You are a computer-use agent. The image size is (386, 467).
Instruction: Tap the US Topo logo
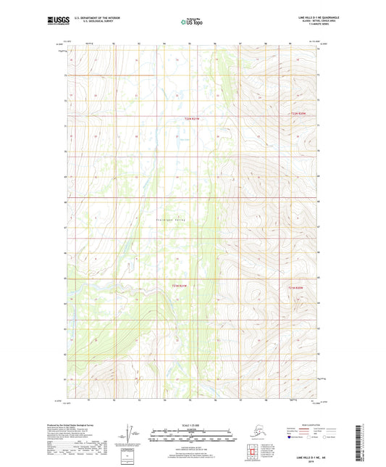(x=192, y=21)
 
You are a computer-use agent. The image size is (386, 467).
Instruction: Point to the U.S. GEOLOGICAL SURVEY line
(x=93, y=22)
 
